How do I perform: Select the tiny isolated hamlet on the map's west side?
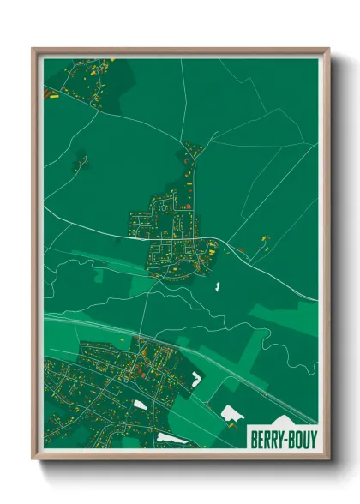pyautogui.click(x=82, y=159)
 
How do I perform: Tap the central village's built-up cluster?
pyautogui.click(x=171, y=231)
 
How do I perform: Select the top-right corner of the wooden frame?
pyautogui.click(x=328, y=50)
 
